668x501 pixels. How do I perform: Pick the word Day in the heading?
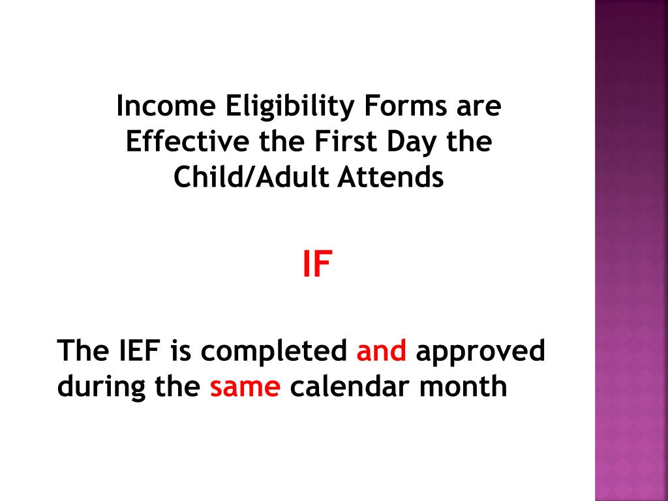(x=412, y=143)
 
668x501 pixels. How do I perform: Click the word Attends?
(x=390, y=177)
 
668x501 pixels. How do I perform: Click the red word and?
(x=382, y=352)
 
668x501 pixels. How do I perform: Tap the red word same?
(x=245, y=387)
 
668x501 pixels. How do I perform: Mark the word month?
(x=463, y=387)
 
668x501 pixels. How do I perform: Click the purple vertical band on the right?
(x=631, y=250)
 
